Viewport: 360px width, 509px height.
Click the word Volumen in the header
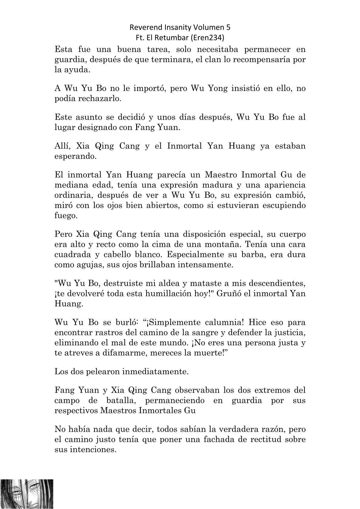pos(208,28)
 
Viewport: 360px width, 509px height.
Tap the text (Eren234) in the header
pos(212,38)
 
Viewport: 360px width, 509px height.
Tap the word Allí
pos(62,146)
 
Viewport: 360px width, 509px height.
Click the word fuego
pos(65,216)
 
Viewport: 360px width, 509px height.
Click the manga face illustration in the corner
pos(27,494)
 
